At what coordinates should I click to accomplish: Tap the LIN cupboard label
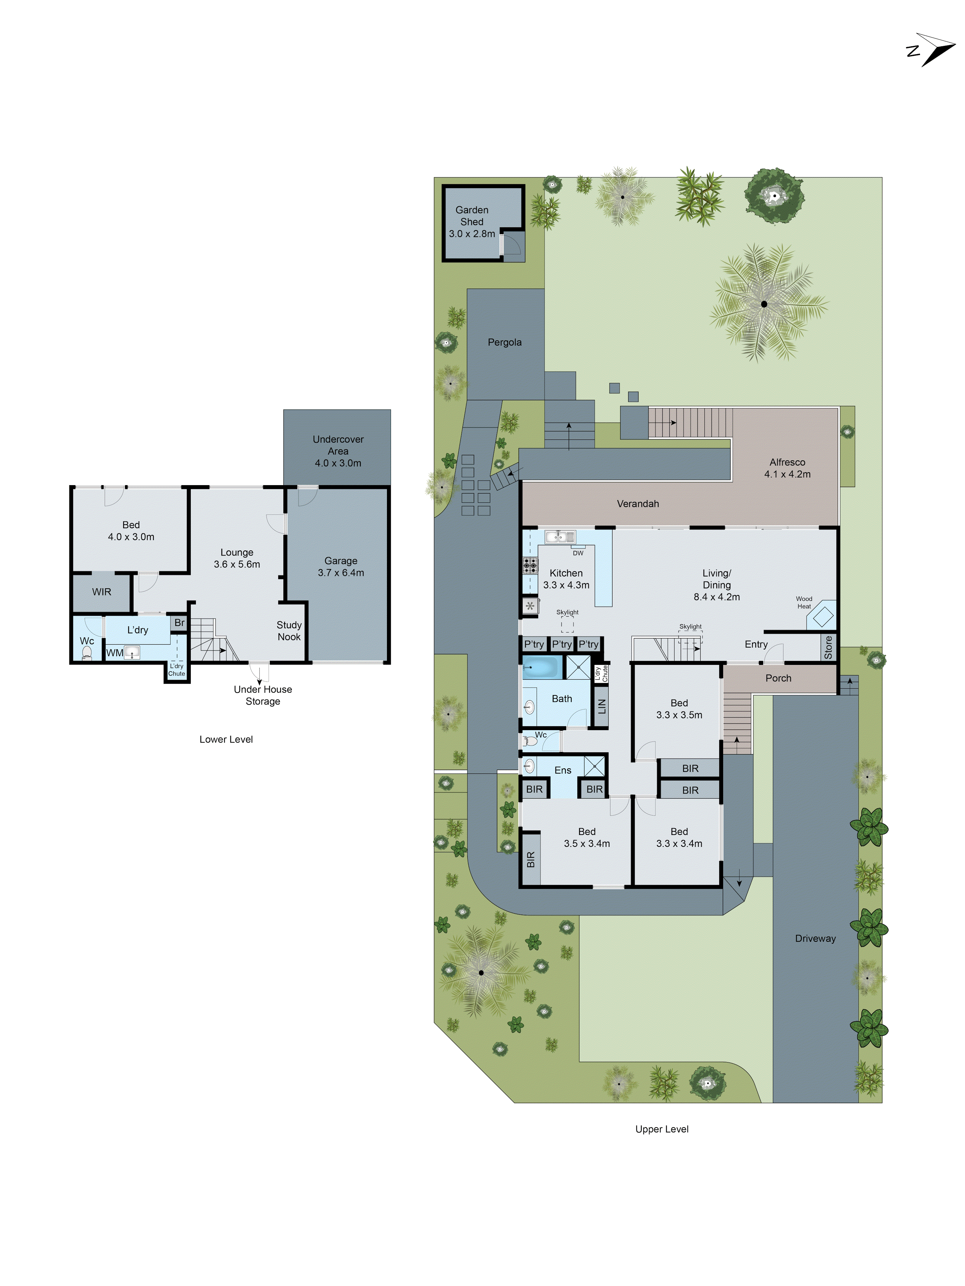(602, 706)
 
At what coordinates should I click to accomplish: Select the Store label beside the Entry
(828, 647)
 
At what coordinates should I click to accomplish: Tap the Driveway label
(815, 938)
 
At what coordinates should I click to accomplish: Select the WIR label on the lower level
(101, 592)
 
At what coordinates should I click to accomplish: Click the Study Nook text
(289, 631)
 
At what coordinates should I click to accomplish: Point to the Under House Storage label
(262, 695)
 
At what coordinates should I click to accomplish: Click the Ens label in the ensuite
(563, 770)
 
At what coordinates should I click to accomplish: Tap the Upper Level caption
(661, 1129)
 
